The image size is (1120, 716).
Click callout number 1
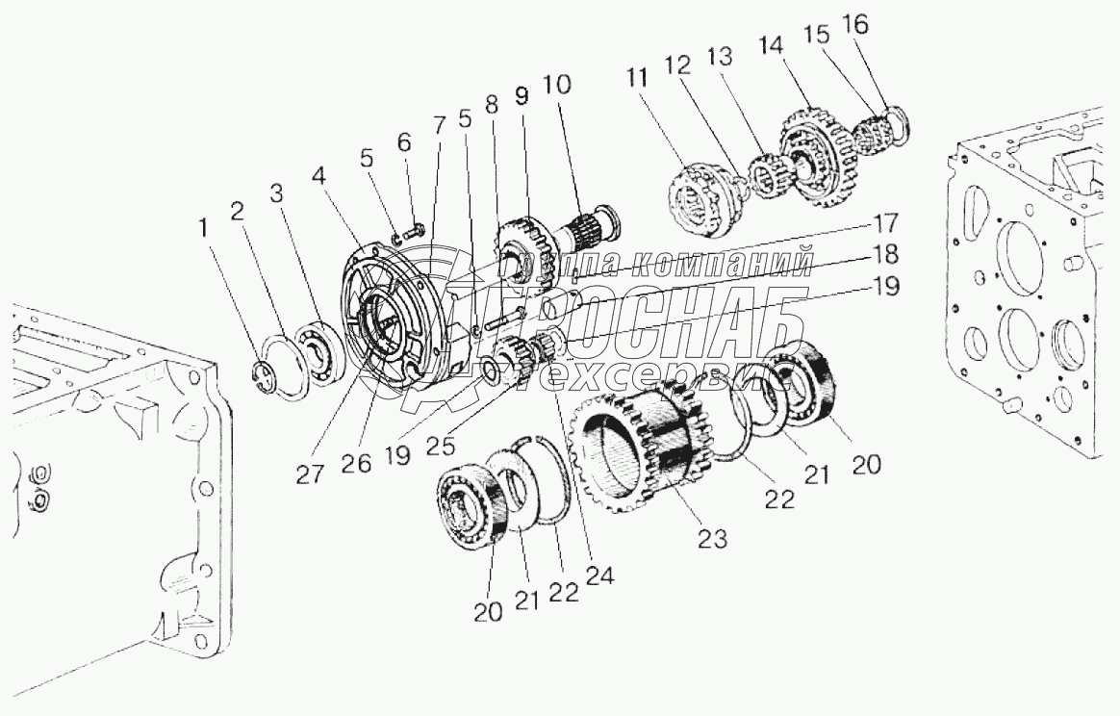pos(205,229)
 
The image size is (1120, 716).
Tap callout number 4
pos(318,176)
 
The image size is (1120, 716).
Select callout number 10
pos(557,85)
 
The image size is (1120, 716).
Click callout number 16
pos(855,25)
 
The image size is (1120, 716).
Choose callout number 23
pos(712,537)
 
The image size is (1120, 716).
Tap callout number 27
pos(310,473)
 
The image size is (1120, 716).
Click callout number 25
pos(442,447)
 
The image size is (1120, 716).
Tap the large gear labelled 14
pos(815,157)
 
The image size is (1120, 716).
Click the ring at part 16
pos(896,123)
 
